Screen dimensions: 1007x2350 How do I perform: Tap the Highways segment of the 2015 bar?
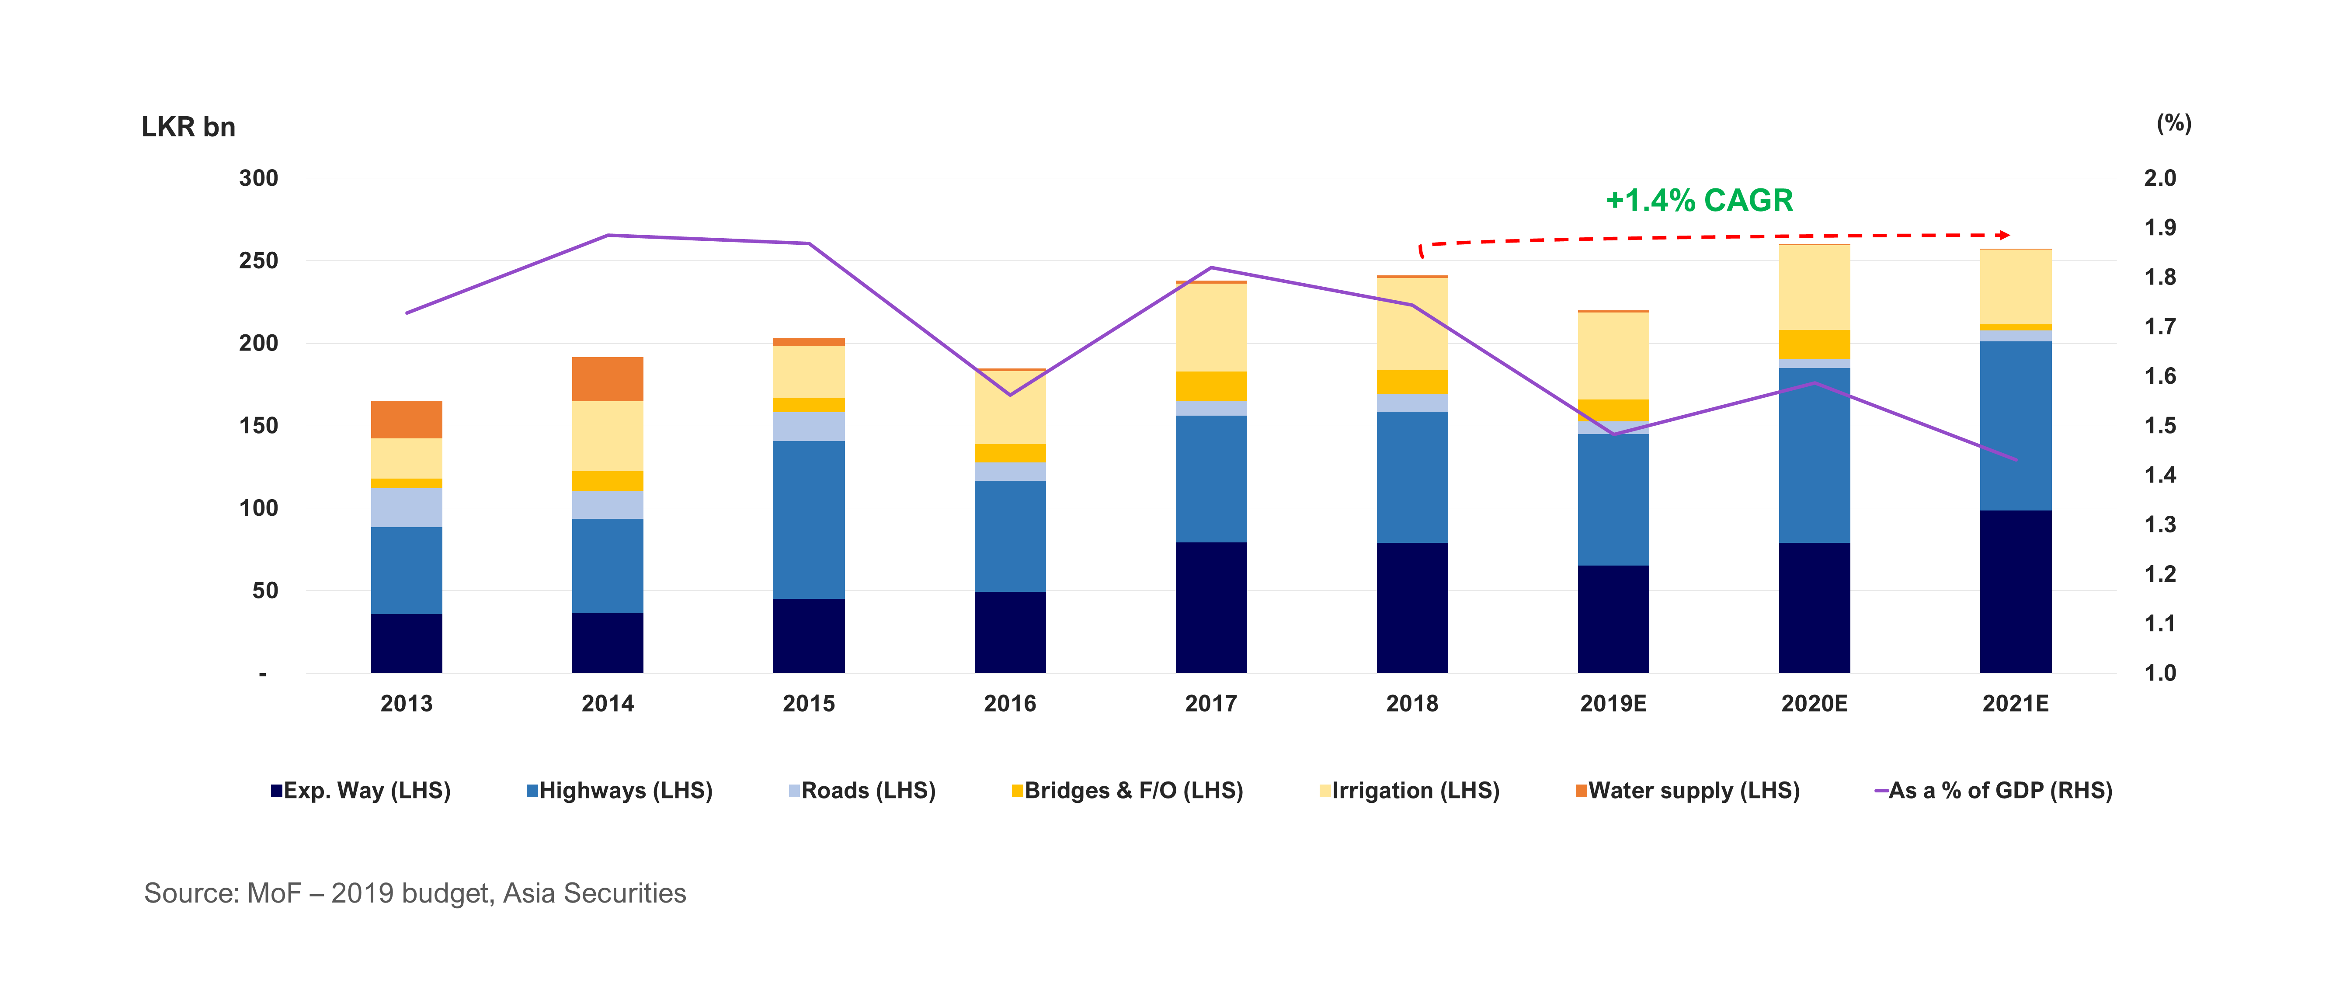click(x=808, y=520)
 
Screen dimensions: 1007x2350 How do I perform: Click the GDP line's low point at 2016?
click(x=1010, y=395)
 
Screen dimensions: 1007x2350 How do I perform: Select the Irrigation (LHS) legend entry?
click(x=1409, y=791)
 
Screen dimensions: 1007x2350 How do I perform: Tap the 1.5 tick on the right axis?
click(x=2159, y=426)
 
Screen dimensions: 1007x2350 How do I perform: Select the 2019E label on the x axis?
click(x=1613, y=703)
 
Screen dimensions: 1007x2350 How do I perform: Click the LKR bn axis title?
click(x=188, y=127)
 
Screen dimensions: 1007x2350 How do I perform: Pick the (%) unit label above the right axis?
click(x=2173, y=123)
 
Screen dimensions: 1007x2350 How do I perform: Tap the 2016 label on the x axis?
click(x=1010, y=703)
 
